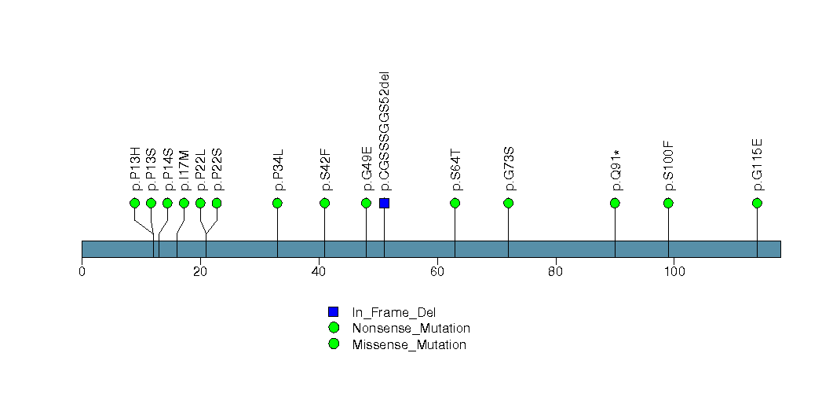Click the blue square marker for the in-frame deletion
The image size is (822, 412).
tap(384, 204)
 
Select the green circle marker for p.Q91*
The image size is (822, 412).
tap(615, 204)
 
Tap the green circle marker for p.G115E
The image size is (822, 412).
tap(757, 204)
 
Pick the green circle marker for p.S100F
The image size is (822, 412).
tap(668, 204)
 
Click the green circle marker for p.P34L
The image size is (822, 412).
tap(277, 204)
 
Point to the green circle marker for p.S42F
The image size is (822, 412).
tap(325, 204)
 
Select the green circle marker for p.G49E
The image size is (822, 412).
tap(366, 204)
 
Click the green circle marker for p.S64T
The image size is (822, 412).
tap(455, 204)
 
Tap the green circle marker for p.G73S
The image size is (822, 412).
tap(508, 204)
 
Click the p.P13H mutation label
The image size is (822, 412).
tap(135, 168)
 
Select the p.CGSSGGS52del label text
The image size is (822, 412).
tap(384, 131)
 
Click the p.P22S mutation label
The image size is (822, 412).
tap(217, 169)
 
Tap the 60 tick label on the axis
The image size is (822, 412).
tap(437, 272)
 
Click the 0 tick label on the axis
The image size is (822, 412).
tap(82, 272)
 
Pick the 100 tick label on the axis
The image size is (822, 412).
tap(674, 272)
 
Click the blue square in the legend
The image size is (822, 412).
tap(334, 312)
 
